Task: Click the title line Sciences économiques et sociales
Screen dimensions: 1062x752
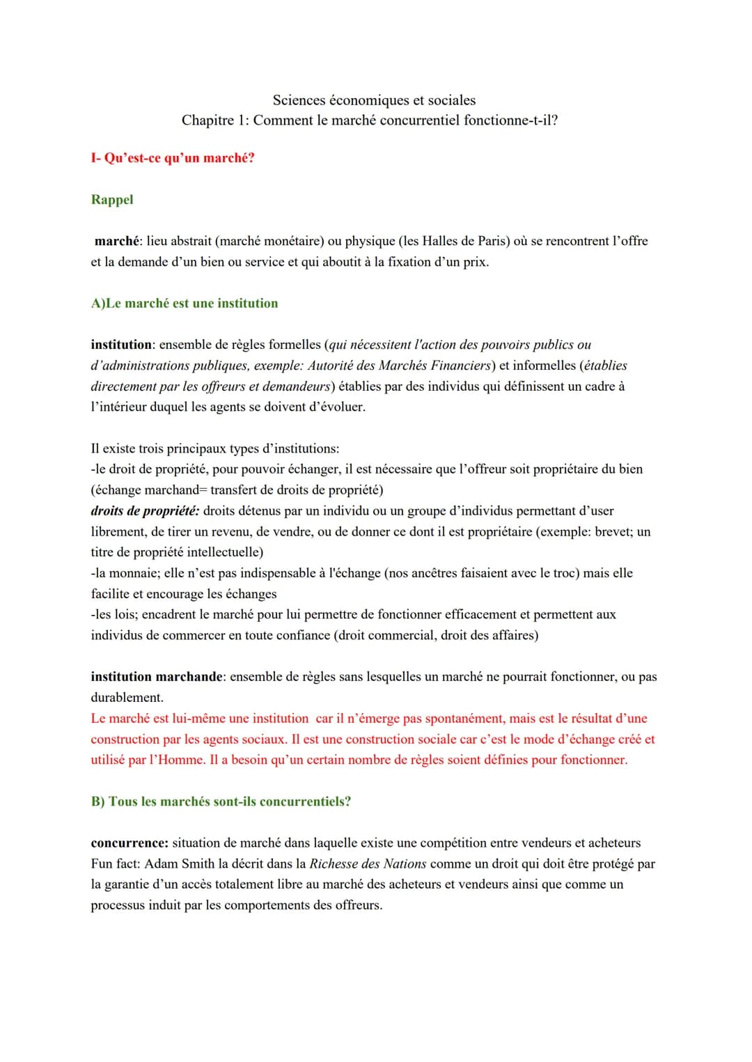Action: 374,100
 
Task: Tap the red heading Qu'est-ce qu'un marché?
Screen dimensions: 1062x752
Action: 179,158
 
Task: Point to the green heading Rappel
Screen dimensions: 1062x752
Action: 112,200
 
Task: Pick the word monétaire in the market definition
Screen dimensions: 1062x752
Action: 291,241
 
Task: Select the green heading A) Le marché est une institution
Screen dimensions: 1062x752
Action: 185,304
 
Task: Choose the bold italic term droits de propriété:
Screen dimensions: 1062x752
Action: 145,511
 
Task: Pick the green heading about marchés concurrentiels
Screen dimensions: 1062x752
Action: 221,802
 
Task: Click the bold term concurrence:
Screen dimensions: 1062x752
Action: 130,843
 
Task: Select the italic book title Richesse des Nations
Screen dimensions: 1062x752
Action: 368,864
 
